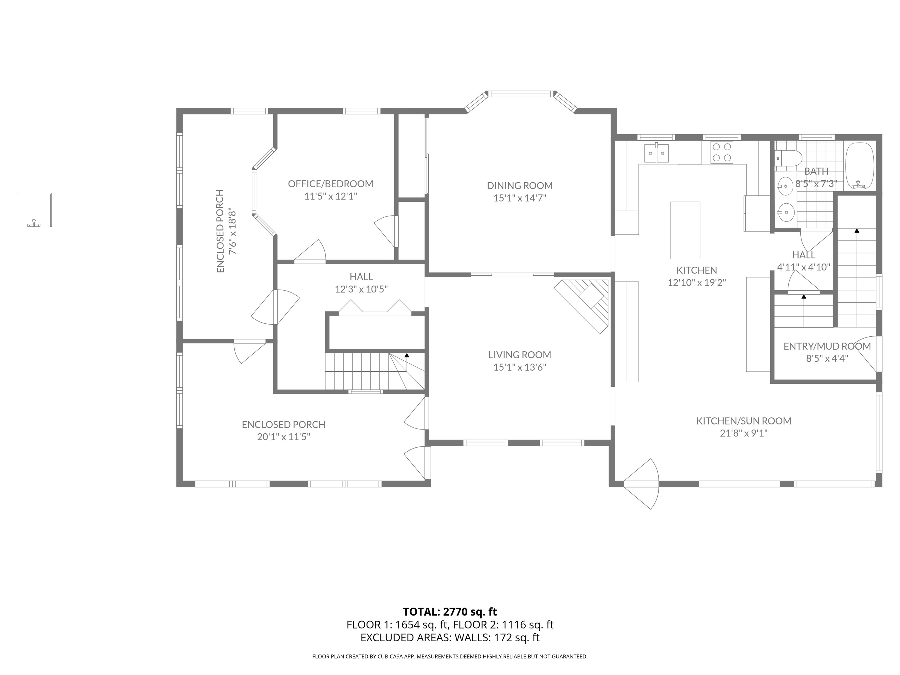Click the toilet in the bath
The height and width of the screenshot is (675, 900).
(788, 158)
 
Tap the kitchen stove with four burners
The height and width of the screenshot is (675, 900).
(722, 152)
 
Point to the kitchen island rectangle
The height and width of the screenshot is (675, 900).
(685, 230)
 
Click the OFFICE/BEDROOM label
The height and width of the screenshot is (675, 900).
(331, 184)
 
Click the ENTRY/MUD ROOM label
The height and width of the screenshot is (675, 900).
(827, 346)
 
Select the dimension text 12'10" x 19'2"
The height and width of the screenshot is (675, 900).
(697, 282)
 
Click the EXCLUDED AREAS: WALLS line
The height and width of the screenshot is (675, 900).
(450, 637)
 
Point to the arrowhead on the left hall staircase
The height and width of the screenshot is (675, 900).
(406, 355)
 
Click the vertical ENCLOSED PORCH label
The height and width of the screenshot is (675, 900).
(221, 231)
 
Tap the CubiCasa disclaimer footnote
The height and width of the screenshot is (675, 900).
(450, 656)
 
